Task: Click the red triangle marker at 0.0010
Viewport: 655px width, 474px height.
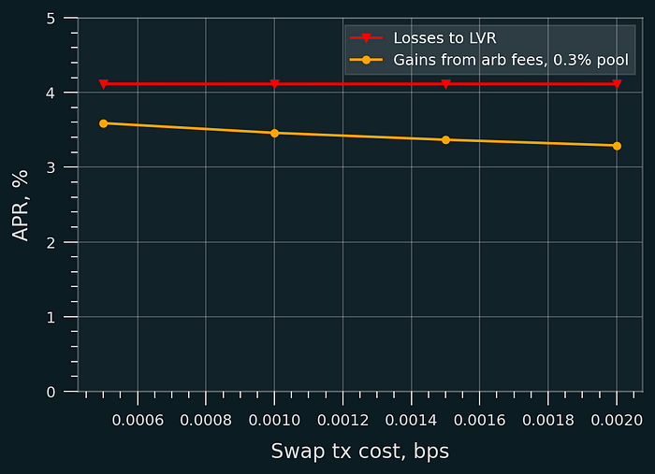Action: [x=274, y=84]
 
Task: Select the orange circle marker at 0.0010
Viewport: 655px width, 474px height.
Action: [x=274, y=133]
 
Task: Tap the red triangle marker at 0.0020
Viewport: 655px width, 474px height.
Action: [x=617, y=84]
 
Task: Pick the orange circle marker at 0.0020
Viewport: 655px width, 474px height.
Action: [x=617, y=146]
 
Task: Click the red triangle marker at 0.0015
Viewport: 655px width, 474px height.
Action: [x=445, y=84]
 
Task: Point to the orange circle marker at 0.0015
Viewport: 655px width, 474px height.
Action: [x=445, y=139]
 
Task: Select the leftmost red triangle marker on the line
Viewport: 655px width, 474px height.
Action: [x=103, y=84]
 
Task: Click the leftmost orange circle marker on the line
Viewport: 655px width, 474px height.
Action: [x=103, y=123]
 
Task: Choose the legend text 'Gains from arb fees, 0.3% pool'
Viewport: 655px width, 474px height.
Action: [x=511, y=61]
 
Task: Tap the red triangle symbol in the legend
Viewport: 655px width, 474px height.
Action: [x=366, y=38]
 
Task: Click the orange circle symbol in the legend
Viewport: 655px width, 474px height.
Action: [x=366, y=61]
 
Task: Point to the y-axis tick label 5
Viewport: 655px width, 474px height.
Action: [x=50, y=19]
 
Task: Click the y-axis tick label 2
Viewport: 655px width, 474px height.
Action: [x=50, y=243]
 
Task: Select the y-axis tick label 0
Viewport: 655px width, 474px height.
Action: [x=50, y=393]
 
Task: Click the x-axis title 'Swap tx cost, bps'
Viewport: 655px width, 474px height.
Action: [x=359, y=451]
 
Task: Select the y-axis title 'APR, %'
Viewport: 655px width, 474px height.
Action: [x=21, y=206]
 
